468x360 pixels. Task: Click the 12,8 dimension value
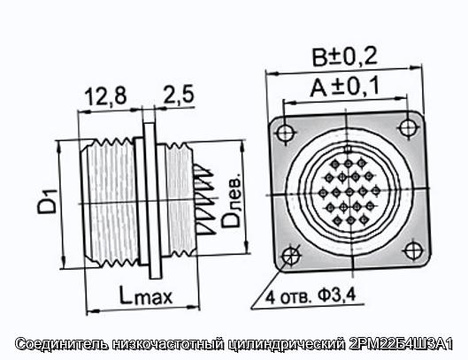(x=105, y=96)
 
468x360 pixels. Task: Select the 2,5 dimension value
(x=179, y=95)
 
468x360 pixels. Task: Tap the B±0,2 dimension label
(x=345, y=57)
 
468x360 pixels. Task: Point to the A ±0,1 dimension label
(x=344, y=87)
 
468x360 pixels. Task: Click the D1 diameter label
(x=47, y=202)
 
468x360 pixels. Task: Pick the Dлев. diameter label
(x=231, y=200)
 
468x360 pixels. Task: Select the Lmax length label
(x=146, y=295)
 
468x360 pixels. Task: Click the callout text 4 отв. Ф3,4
(x=311, y=296)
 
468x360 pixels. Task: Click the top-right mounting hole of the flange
(x=407, y=127)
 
